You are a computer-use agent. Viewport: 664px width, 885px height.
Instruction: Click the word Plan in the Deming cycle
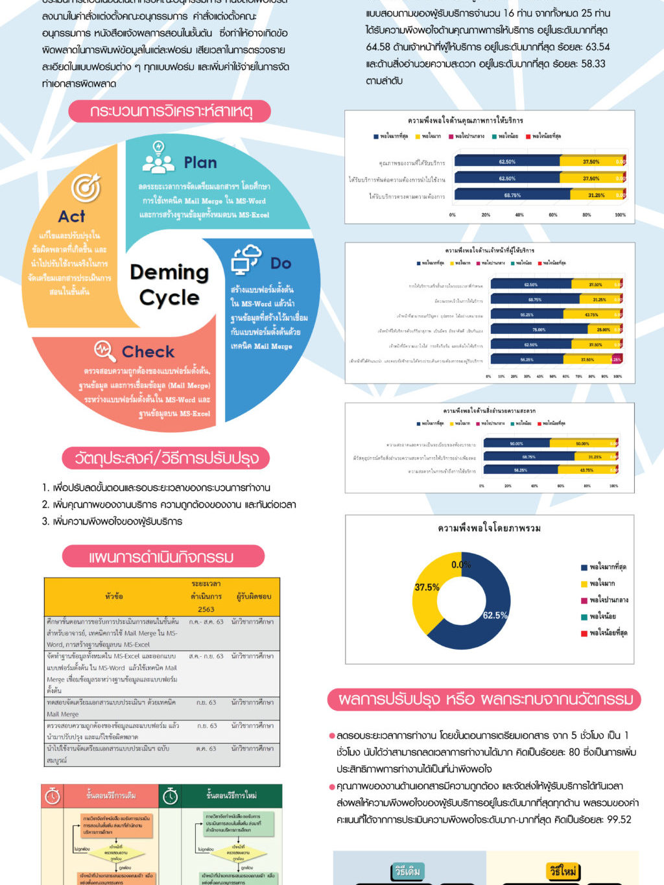(200, 163)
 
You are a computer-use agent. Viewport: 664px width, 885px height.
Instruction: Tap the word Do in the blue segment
(280, 263)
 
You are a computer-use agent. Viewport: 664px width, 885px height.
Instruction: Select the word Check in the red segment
(148, 352)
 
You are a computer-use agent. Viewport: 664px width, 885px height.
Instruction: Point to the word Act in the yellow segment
(72, 217)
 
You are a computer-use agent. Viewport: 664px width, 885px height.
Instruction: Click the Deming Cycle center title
(169, 285)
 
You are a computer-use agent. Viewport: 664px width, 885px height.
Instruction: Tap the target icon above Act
(86, 188)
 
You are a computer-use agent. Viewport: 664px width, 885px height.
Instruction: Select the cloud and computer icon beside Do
(246, 260)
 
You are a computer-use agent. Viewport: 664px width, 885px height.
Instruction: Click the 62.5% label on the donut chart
(495, 615)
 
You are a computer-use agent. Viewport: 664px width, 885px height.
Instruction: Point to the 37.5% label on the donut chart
(427, 587)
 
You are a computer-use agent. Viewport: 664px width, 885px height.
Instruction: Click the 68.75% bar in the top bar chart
(512, 195)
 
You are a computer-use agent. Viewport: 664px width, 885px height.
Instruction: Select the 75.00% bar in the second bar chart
(538, 330)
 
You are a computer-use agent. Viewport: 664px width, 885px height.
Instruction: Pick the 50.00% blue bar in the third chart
(516, 443)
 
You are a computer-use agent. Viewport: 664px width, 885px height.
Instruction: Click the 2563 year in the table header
(206, 609)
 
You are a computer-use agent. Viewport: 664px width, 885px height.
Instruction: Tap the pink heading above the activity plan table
(163, 557)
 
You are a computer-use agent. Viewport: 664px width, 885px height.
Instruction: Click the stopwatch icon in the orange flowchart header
(53, 796)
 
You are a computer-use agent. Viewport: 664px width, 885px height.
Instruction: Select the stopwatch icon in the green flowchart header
(171, 796)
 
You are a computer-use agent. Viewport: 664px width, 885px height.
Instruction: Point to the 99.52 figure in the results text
(619, 820)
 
